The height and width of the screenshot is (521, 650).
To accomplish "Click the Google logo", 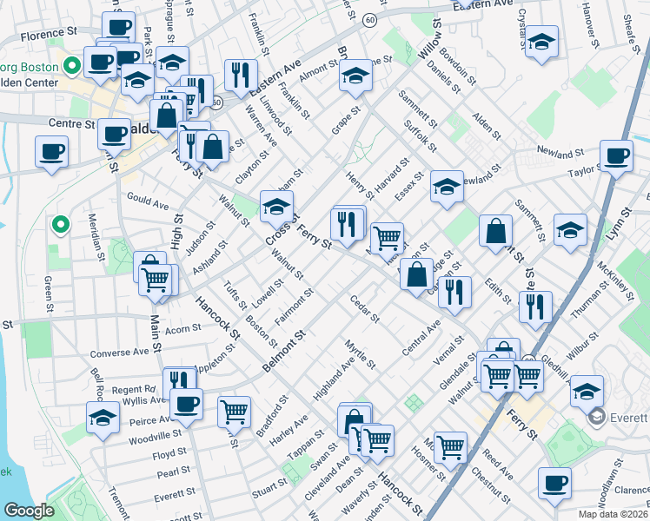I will (x=29, y=511).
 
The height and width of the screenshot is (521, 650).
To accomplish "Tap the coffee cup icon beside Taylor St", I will (x=616, y=156).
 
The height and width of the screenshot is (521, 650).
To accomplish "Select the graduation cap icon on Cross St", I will (x=276, y=207).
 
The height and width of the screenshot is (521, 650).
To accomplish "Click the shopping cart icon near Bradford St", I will (x=234, y=411).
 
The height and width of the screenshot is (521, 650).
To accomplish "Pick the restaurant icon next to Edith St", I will (x=454, y=293).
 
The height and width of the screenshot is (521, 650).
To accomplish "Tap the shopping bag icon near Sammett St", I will (x=495, y=231).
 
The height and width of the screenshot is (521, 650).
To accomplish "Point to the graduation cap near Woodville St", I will (x=103, y=417).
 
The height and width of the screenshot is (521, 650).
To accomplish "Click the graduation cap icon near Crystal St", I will (x=541, y=41).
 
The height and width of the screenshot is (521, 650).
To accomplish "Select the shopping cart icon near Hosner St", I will (x=451, y=446).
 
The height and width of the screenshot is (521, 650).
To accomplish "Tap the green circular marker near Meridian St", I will (x=60, y=226).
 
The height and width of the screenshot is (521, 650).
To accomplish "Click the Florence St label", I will (x=48, y=36).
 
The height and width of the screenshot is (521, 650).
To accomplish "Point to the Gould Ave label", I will (x=147, y=202).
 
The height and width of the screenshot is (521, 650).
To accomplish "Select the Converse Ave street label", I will (x=120, y=353).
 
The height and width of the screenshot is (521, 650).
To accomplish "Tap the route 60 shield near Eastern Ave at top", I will (x=370, y=19).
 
